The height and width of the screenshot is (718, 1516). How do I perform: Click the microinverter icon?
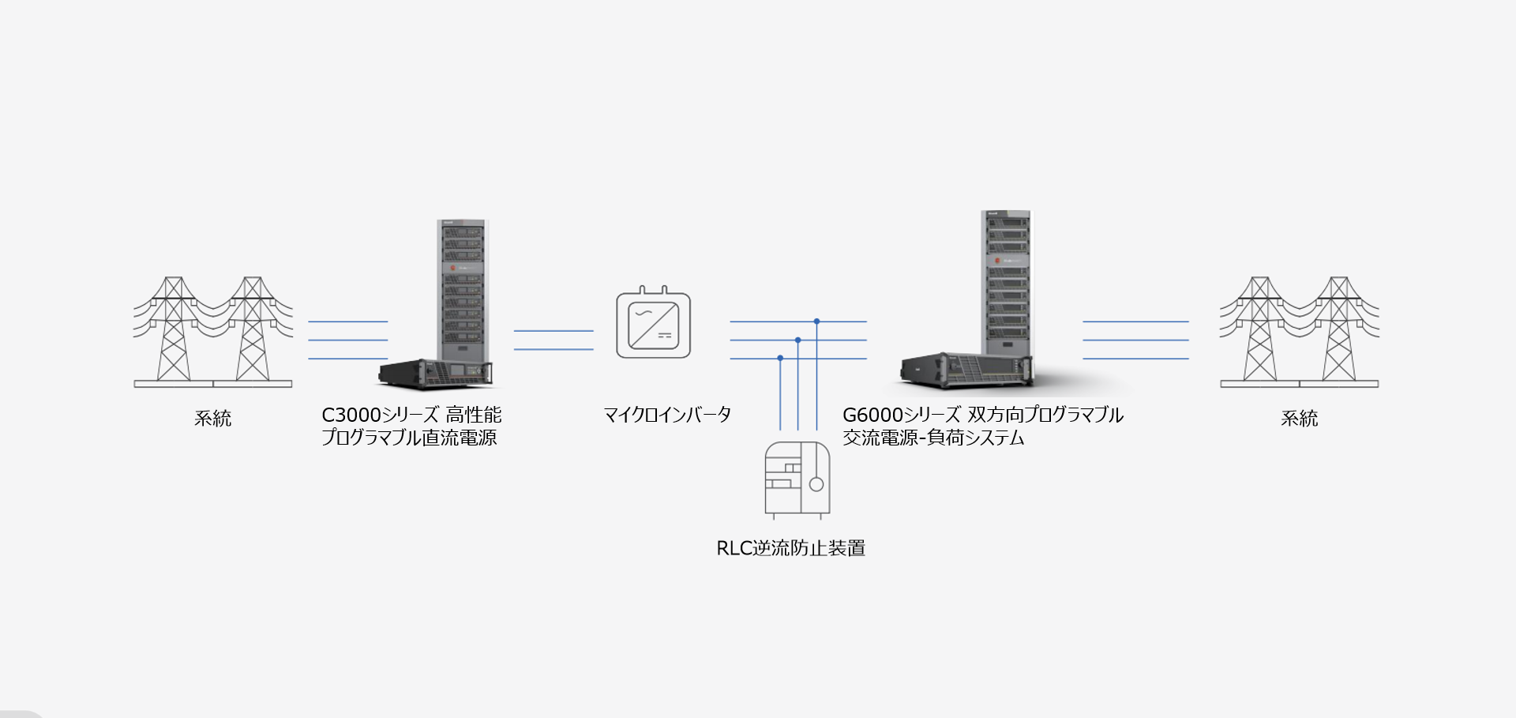(653, 325)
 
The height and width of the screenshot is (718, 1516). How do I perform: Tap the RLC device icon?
(797, 479)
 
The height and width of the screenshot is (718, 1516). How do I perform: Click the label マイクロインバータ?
(667, 415)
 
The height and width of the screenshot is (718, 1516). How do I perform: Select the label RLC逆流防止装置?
(790, 548)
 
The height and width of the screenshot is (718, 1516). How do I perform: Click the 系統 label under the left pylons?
(213, 419)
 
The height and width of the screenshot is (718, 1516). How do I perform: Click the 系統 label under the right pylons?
(1299, 419)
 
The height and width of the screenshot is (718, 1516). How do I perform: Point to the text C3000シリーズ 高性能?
(411, 415)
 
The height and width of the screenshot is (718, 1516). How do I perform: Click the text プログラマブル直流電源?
(409, 438)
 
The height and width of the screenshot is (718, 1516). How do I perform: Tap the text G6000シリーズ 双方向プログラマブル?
(982, 415)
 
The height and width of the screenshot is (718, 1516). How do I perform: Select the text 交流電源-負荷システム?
(933, 438)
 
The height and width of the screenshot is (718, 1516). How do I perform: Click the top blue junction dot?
(816, 321)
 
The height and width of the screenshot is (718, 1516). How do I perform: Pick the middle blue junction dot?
(798, 340)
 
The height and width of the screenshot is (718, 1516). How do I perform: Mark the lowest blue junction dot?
(780, 359)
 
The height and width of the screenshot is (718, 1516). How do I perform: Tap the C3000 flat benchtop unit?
(436, 373)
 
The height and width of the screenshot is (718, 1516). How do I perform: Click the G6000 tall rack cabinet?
(1006, 280)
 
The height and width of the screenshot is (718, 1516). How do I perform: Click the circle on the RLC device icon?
(816, 484)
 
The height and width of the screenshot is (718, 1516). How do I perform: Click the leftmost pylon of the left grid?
(174, 328)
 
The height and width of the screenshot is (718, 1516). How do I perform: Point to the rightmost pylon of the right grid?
(1339, 328)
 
